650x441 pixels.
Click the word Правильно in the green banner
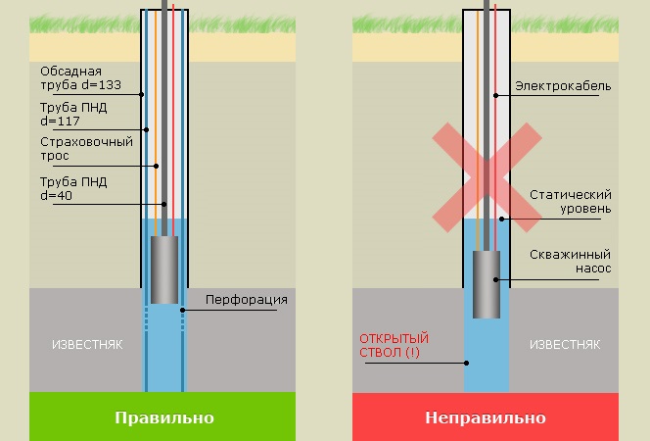pyautogui.click(x=163, y=417)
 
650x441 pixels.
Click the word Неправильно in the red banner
pyautogui.click(x=486, y=417)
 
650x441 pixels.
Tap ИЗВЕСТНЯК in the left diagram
pyautogui.click(x=87, y=345)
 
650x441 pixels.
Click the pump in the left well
pyautogui.click(x=163, y=269)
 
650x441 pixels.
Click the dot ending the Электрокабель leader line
pyautogui.click(x=496, y=95)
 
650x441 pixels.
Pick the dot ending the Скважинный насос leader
pyautogui.click(x=496, y=280)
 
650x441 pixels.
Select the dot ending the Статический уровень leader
pyautogui.click(x=501, y=219)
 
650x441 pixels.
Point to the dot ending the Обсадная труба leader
pyautogui.click(x=142, y=95)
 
